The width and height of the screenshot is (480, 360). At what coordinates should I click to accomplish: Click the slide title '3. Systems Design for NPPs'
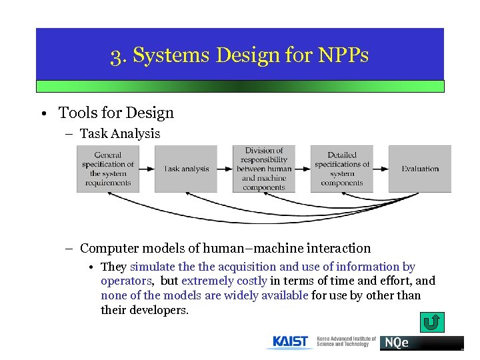point(239,55)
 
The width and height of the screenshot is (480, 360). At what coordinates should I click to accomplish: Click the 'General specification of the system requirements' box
point(108,169)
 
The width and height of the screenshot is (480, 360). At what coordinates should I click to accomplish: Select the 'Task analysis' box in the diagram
point(186,169)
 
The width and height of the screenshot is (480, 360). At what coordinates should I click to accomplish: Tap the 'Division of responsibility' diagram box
point(264,169)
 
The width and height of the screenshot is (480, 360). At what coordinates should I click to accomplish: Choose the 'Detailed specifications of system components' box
point(342,169)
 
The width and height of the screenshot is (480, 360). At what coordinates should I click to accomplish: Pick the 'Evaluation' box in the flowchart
point(420,169)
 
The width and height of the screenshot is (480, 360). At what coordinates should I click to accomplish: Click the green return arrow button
point(431,323)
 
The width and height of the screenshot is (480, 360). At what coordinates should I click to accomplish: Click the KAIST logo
point(291,342)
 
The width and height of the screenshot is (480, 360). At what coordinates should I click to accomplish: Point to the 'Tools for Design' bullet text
point(116,113)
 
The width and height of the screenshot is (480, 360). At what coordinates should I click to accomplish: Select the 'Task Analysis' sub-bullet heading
point(120,134)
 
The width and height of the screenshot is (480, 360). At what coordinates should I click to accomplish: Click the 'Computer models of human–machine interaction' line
point(225,248)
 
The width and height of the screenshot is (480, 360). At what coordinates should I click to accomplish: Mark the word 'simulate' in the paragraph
point(153,267)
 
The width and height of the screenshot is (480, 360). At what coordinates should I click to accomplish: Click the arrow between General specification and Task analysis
point(147,169)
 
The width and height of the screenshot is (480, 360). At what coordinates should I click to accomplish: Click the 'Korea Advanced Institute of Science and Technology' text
point(346,342)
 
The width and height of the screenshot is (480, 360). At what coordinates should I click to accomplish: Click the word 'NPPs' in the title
point(345,55)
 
